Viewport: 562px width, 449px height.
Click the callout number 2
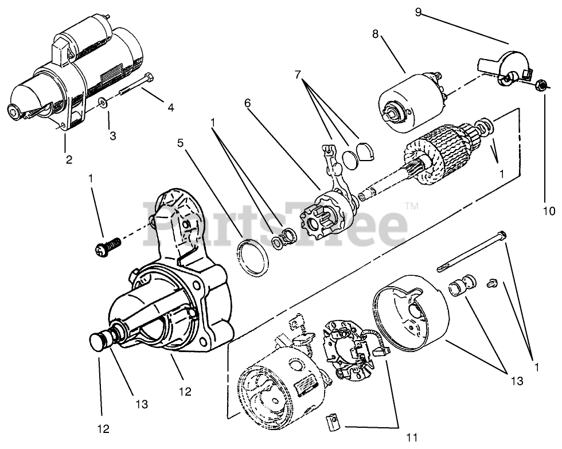tap(69, 160)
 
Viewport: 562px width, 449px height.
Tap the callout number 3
tap(112, 136)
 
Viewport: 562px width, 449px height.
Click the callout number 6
tap(247, 103)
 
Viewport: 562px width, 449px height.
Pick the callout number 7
tap(298, 75)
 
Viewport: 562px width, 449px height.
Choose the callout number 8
tap(375, 34)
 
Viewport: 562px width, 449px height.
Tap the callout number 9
tap(419, 12)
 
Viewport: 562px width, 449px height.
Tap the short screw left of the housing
tap(108, 247)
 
